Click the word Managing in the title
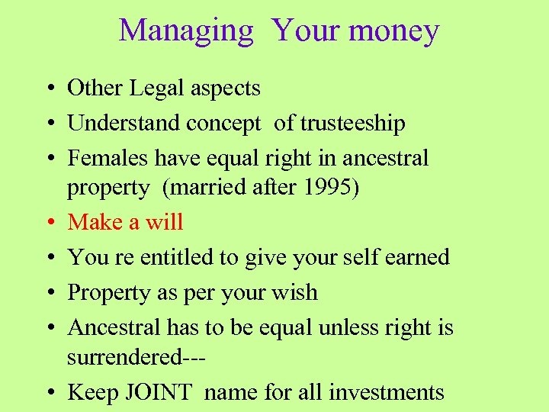[186, 31]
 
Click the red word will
[165, 222]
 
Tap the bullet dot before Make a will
[47, 223]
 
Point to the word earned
[419, 257]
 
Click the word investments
[387, 392]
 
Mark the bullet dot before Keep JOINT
[47, 393]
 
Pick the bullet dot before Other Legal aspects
[47, 89]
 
